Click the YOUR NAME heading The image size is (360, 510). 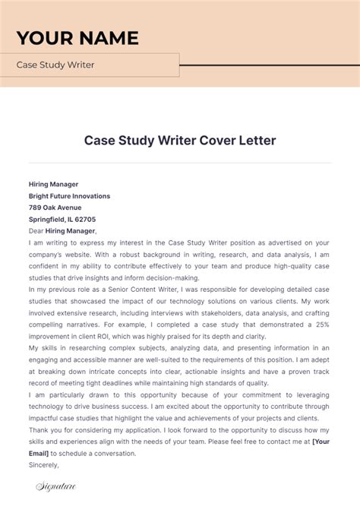coord(77,38)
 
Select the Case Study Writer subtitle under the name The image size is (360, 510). coord(55,65)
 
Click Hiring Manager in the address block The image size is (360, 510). coord(53,184)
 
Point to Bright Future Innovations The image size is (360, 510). coord(69,195)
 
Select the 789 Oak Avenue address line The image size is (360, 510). coord(55,207)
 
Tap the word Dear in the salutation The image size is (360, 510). coord(36,230)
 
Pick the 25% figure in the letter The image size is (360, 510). coord(323,324)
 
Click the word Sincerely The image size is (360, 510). coord(43,464)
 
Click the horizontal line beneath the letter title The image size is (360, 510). coord(180,163)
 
